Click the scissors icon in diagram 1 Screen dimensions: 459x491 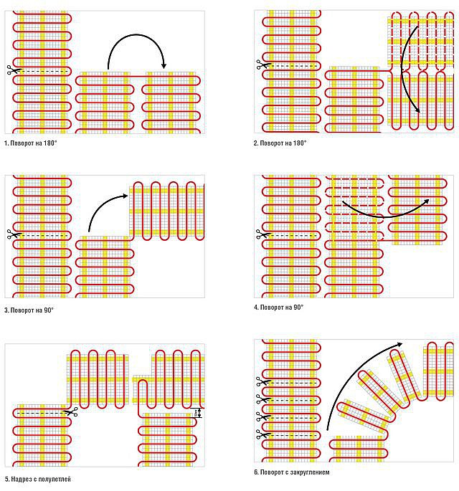14,70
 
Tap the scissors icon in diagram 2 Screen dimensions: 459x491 263,65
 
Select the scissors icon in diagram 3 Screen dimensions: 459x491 14,234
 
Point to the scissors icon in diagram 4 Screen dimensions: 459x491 263,234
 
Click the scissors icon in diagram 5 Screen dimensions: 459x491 70,412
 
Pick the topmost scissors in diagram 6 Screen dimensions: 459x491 263,382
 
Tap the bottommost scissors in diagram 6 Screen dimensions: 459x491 263,434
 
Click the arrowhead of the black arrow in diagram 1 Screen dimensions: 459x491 164,66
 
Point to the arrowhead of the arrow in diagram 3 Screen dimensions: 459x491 126,196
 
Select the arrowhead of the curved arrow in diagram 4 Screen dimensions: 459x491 427,201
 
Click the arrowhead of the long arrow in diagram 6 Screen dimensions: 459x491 400,344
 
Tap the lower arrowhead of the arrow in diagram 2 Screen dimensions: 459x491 417,110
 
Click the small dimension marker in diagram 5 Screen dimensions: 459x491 196,413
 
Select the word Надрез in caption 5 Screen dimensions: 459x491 20,479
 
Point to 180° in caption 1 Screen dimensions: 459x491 49,143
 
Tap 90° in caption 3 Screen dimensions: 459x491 48,310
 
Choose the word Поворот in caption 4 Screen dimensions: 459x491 271,308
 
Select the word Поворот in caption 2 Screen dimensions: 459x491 271,143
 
